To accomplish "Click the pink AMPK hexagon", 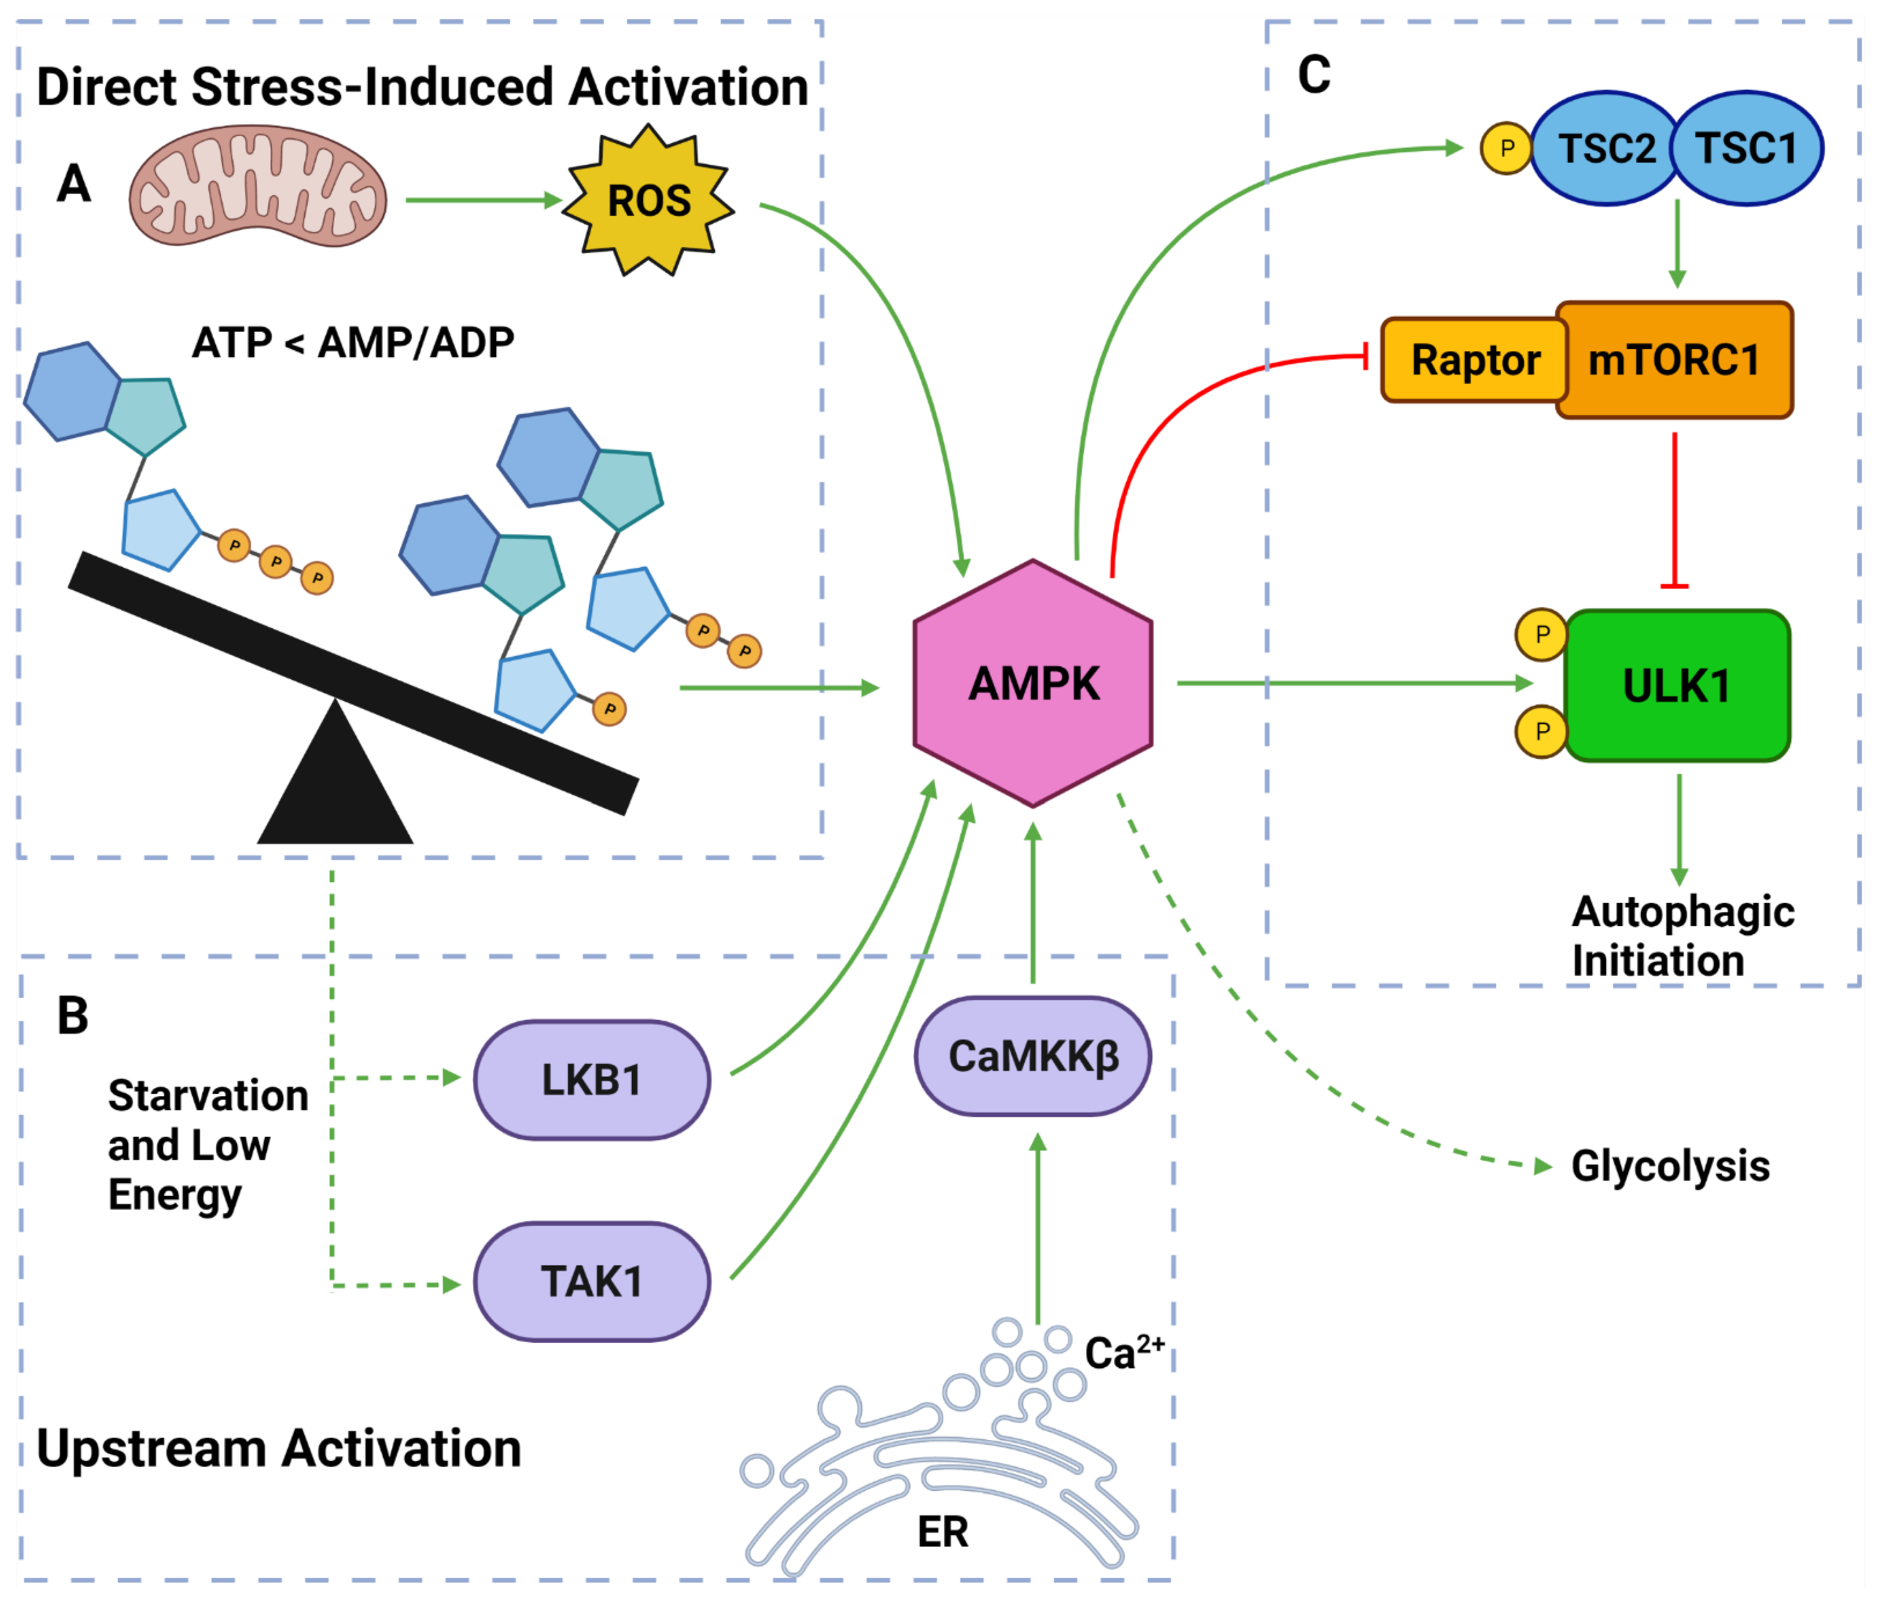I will click(x=1032, y=683).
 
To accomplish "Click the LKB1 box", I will click(x=591, y=1079).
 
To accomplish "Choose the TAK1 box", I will click(x=591, y=1281).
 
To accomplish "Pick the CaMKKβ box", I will click(x=1032, y=1056).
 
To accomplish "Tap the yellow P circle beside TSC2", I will click(x=1506, y=148).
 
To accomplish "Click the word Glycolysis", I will click(x=1670, y=1165).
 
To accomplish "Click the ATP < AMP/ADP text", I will click(x=353, y=343).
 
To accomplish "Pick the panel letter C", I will click(x=1313, y=74).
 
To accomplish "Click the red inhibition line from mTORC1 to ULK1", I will click(x=1674, y=508).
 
